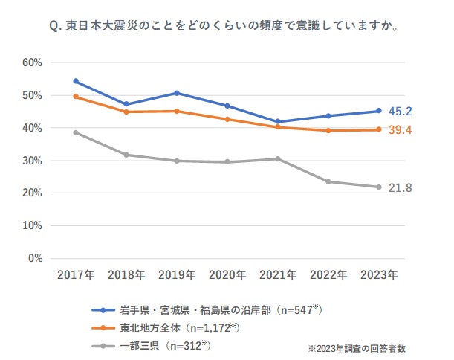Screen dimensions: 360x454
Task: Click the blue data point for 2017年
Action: coord(76,81)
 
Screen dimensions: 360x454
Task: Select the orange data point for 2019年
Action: coord(177,112)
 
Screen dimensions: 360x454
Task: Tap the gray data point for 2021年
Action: coord(278,159)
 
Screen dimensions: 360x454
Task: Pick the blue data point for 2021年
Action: coord(278,122)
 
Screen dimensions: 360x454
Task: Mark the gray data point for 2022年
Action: coord(328,181)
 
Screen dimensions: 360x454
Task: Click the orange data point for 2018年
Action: coord(126,112)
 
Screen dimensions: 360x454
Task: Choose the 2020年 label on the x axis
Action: coord(227,274)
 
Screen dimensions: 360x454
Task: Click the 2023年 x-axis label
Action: coord(379,274)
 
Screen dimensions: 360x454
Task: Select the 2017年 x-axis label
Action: coord(76,274)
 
